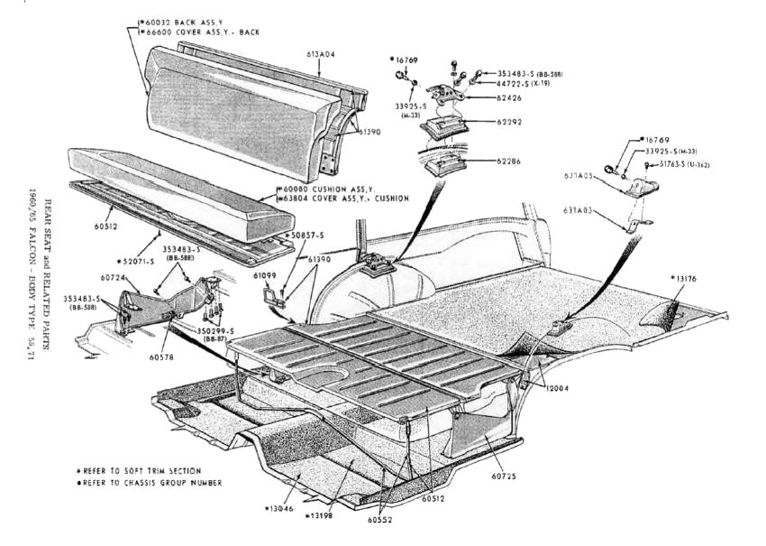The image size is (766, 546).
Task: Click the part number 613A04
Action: click(x=321, y=54)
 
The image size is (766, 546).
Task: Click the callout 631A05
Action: click(x=579, y=175)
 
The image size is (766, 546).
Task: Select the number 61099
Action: click(x=265, y=273)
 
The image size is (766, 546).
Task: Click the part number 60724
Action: click(x=113, y=278)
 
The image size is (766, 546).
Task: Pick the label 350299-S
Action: click(x=220, y=330)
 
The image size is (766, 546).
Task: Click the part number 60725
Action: click(x=505, y=475)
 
